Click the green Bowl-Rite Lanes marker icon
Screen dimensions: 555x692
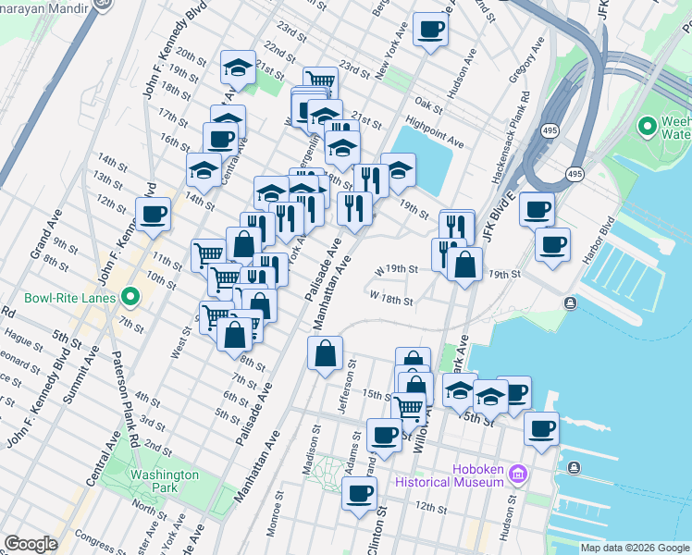(x=130, y=298)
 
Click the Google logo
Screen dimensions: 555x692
(x=31, y=544)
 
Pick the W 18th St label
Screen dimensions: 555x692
(x=390, y=300)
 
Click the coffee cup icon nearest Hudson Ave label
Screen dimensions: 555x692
(x=430, y=29)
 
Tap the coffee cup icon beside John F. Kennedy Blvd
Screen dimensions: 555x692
(x=153, y=215)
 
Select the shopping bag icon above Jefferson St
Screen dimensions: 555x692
(x=325, y=353)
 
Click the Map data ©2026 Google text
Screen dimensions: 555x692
(x=634, y=548)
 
